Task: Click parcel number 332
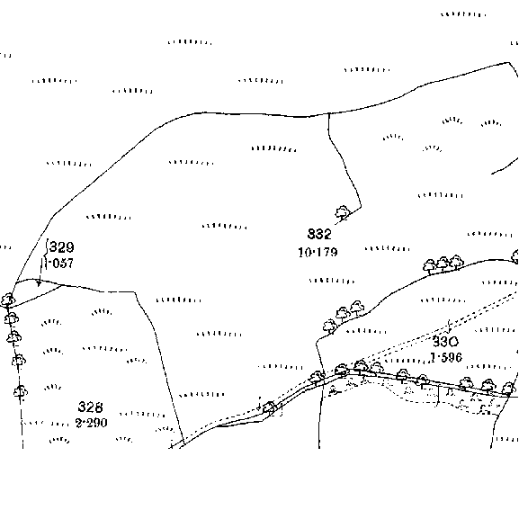point(319,234)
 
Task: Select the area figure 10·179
point(318,253)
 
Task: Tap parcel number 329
point(62,247)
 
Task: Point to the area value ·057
point(60,264)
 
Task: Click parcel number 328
point(90,407)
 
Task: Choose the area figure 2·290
point(92,423)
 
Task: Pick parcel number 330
point(445,341)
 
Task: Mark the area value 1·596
point(446,357)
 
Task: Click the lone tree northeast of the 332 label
point(343,212)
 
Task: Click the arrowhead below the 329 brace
point(39,283)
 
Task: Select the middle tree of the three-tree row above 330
point(443,264)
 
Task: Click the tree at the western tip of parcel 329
point(7,300)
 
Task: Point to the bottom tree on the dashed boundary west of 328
point(21,391)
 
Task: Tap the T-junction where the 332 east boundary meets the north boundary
point(329,113)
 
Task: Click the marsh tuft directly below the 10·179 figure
point(332,281)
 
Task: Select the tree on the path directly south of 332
point(270,407)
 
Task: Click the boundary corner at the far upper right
point(509,62)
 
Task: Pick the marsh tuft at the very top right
point(463,14)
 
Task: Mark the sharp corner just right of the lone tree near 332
point(361,207)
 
